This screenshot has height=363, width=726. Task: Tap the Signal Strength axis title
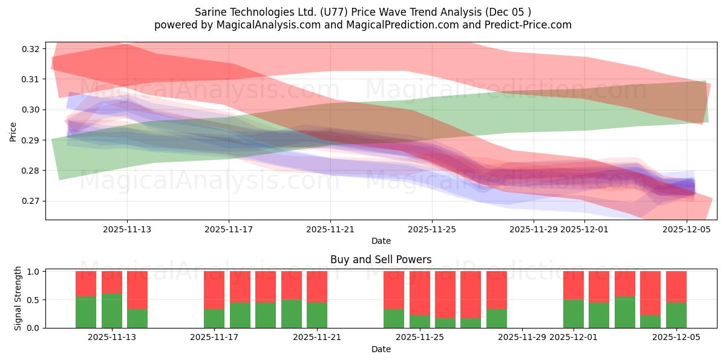pos(18,298)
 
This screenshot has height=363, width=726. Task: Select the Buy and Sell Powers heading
pos(381,260)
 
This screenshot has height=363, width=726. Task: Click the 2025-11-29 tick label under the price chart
pos(533,229)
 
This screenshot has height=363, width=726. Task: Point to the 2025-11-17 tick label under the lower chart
pos(214,338)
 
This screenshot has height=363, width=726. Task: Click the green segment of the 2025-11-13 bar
pos(112,311)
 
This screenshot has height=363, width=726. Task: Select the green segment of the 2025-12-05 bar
pos(676,315)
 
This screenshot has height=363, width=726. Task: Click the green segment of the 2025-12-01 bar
pos(574,314)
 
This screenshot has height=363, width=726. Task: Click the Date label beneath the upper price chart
pos(381,241)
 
